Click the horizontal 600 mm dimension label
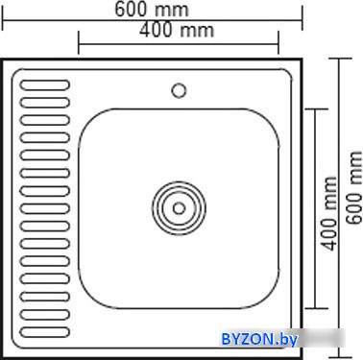[x=152, y=10]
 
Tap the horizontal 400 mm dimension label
[x=177, y=31]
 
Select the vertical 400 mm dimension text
[x=329, y=213]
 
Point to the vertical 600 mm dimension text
[x=353, y=188]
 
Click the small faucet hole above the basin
[x=179, y=90]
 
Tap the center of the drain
[x=179, y=208]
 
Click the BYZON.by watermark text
[x=259, y=339]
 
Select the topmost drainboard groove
[x=45, y=85]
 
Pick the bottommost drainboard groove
[x=45, y=332]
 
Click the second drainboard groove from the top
[x=45, y=103]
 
